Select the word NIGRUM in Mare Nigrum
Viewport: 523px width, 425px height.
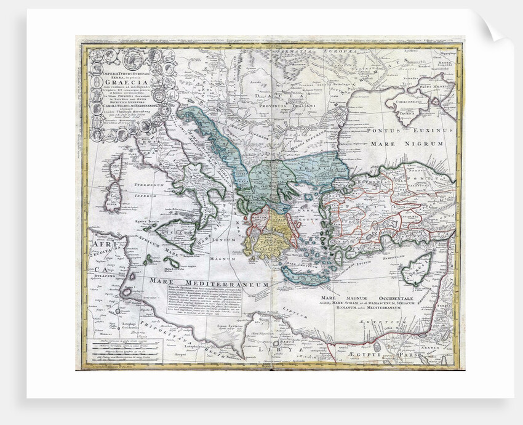(423, 143)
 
